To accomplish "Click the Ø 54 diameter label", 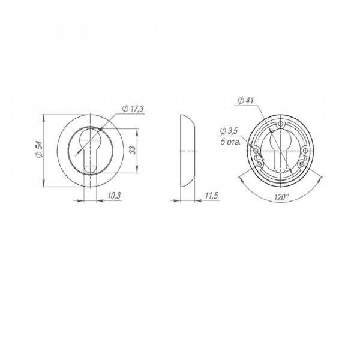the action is pyautogui.click(x=39, y=149).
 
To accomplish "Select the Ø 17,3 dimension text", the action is pyautogui.click(x=133, y=109).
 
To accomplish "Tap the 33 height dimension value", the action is pyautogui.click(x=133, y=150).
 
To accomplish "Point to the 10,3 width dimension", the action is pyautogui.click(x=114, y=196).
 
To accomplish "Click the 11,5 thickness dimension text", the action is pyautogui.click(x=211, y=196).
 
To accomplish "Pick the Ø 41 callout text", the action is pyautogui.click(x=245, y=100).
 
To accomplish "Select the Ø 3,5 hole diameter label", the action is pyautogui.click(x=229, y=131).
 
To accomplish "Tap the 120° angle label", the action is pyautogui.click(x=281, y=197).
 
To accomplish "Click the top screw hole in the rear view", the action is pyautogui.click(x=281, y=124).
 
